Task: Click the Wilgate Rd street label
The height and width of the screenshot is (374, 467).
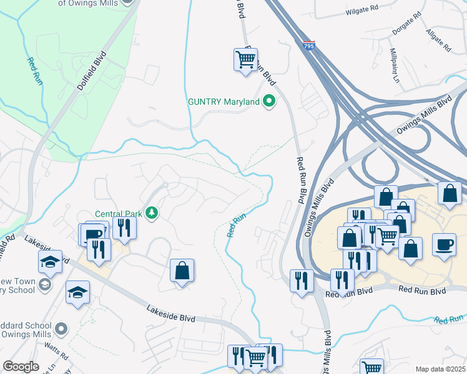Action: click(x=362, y=11)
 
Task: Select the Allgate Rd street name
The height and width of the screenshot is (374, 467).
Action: click(x=438, y=39)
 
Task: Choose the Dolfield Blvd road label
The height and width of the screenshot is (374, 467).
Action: click(x=92, y=71)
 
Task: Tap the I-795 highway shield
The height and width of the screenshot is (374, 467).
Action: click(x=309, y=46)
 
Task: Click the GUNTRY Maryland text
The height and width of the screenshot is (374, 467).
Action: click(x=224, y=102)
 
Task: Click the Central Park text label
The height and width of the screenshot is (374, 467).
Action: click(x=118, y=214)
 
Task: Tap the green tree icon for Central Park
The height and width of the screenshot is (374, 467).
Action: click(x=150, y=214)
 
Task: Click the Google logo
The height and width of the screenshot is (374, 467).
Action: click(x=21, y=367)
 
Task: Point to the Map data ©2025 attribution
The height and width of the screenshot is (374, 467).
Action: click(x=440, y=369)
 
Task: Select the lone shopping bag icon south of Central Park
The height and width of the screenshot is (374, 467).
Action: click(x=182, y=271)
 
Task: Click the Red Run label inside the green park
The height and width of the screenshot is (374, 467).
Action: click(x=33, y=71)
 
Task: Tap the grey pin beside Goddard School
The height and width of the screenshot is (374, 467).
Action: click(x=61, y=328)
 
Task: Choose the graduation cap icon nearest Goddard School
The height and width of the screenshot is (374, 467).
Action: click(x=77, y=292)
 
